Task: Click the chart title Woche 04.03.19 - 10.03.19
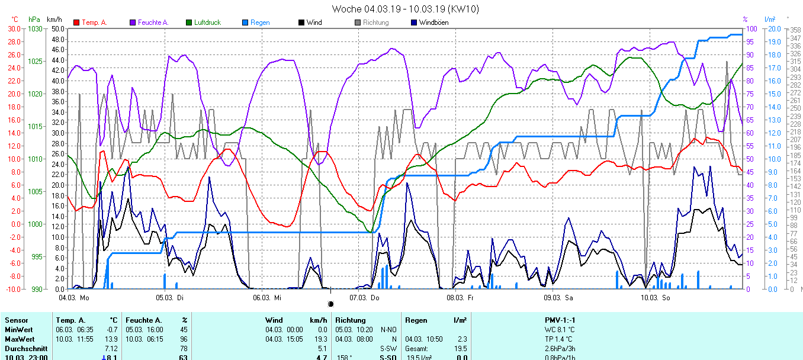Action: pyautogui.click(x=405, y=9)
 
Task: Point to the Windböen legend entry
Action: pyautogui.click(x=433, y=22)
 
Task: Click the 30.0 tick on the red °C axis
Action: pyautogui.click(x=14, y=28)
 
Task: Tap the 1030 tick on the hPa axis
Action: pyautogui.click(x=36, y=28)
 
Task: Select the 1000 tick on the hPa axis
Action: pyautogui.click(x=36, y=224)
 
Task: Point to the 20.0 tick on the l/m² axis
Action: pyautogui.click(x=773, y=28)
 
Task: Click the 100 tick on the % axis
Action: pyautogui.click(x=751, y=28)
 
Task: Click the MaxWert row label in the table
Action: pyautogui.click(x=18, y=339)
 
